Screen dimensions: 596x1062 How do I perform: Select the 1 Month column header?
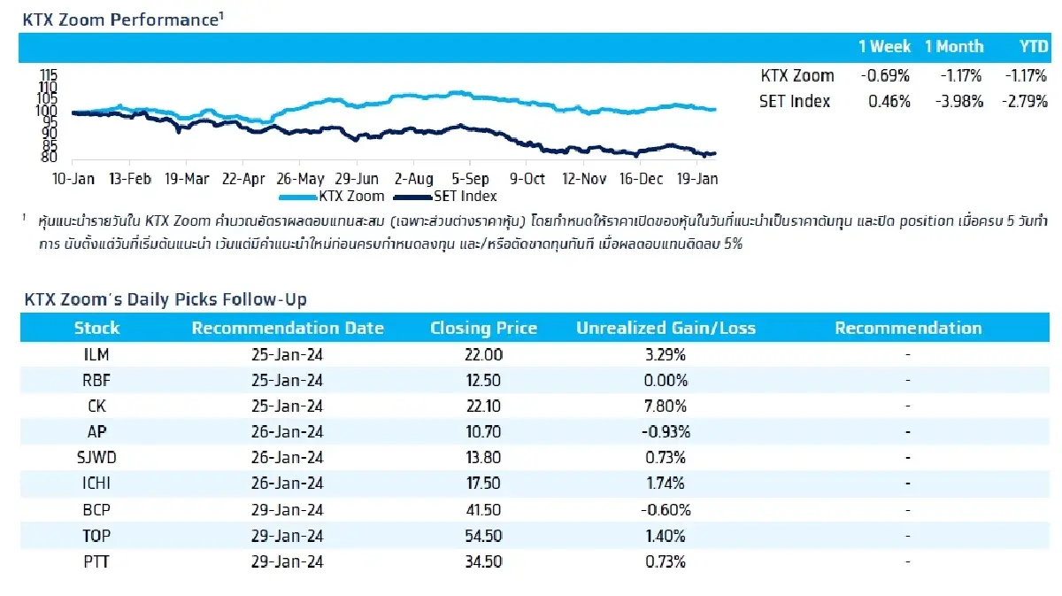tap(954, 47)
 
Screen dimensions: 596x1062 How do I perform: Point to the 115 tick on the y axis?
tap(48, 77)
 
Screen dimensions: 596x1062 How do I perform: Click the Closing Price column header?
tap(483, 328)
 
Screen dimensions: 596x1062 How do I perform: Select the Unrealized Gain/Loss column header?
tap(666, 328)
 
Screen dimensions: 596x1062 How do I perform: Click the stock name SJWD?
tap(96, 458)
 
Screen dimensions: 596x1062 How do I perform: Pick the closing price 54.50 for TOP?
tap(483, 536)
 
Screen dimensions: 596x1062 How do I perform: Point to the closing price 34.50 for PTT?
tap(483, 561)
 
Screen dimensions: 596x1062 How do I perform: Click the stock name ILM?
tap(96, 354)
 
